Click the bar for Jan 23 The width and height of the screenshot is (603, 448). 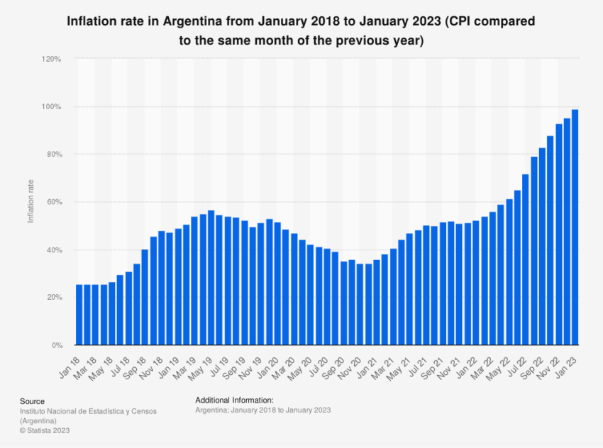[575, 228]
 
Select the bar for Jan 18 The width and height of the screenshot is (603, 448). [79, 315]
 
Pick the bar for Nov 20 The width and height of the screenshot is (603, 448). [360, 305]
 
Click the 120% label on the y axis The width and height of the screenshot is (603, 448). [52, 59]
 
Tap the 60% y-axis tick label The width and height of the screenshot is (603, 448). [53, 202]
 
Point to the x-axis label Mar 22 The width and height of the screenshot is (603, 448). [485, 363]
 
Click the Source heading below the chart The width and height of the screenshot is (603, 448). [32, 401]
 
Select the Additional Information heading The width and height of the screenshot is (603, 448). [239, 401]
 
